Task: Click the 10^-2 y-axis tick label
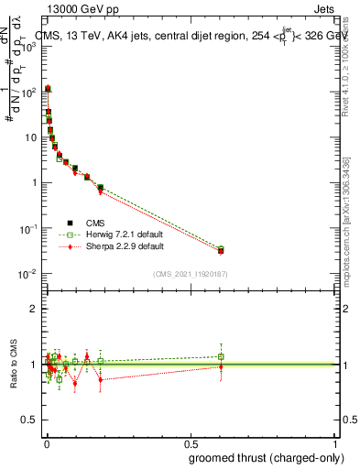pyautogui.click(x=29, y=274)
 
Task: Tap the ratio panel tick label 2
pyautogui.click(x=34, y=309)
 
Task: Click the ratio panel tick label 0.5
pyautogui.click(x=30, y=422)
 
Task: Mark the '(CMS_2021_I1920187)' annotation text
pyautogui.click(x=191, y=274)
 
